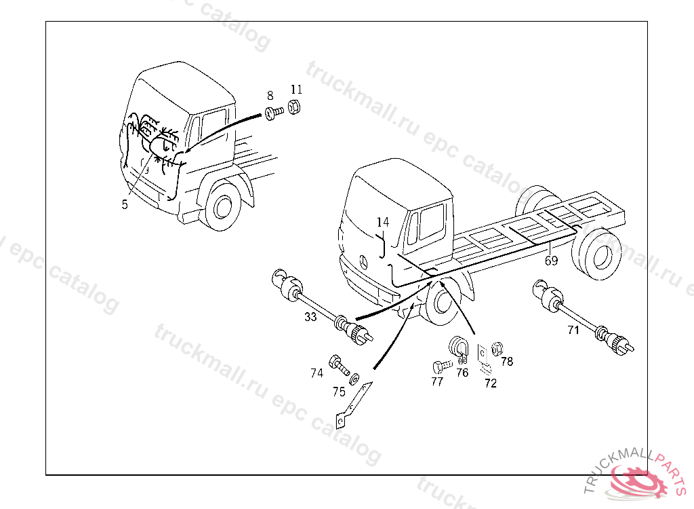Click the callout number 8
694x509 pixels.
[270, 96]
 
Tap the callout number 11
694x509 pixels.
[296, 90]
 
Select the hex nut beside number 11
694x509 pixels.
[295, 107]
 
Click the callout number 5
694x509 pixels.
[125, 204]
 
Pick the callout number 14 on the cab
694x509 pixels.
[383, 222]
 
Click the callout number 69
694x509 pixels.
[551, 260]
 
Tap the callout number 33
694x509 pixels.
[310, 317]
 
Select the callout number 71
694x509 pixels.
[573, 331]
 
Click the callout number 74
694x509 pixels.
[317, 373]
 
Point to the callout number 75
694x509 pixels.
[339, 391]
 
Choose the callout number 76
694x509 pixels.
[462, 372]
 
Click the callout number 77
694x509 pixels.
[437, 381]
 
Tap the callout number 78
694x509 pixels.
[507, 361]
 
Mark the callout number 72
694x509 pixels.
[490, 383]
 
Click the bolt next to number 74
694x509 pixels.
[338, 365]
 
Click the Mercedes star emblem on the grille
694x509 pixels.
[363, 263]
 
